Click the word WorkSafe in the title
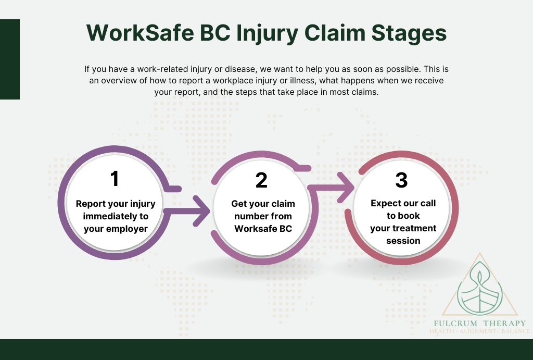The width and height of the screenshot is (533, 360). coord(140,33)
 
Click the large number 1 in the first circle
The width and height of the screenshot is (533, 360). coord(115,179)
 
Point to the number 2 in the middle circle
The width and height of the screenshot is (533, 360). coord(261,180)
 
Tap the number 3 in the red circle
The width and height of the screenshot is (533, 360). coord(401,180)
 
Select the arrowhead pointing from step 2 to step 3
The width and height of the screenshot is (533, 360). coord(346,188)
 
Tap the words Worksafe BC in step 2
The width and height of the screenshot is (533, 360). coord(263,228)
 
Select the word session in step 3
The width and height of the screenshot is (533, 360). coord(403,241)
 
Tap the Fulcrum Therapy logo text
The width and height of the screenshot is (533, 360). coord(479,323)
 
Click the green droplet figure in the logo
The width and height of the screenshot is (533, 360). coord(479,289)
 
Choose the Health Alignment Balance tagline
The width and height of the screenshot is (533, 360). coord(479,331)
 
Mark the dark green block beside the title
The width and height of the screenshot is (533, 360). coord(10,59)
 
